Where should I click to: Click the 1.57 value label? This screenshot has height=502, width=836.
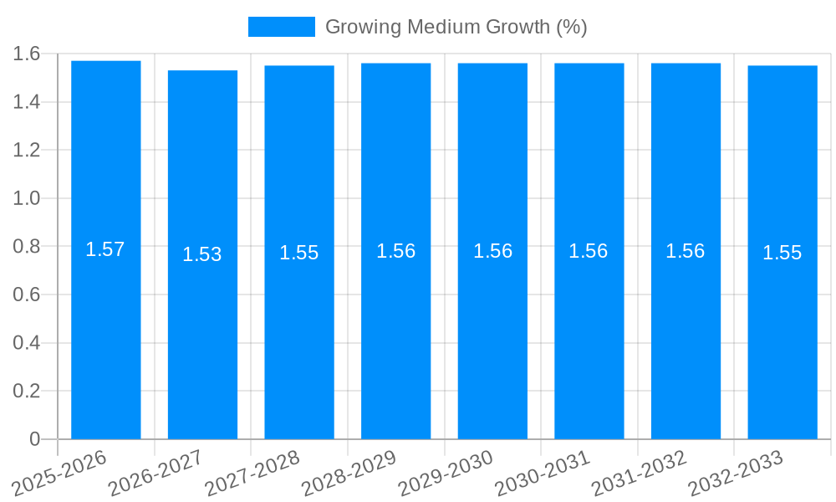point(105,249)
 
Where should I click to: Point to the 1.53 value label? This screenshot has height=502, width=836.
point(202,254)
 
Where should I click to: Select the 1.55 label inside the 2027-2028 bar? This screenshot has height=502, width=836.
point(299,253)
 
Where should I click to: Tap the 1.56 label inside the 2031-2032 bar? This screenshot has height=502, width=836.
point(686,251)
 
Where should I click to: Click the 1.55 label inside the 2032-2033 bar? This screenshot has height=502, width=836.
point(782,253)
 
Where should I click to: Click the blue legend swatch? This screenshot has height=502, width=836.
point(281,27)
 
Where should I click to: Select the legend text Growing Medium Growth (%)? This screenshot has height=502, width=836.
point(456,27)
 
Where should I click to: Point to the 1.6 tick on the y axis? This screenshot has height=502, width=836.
point(27,54)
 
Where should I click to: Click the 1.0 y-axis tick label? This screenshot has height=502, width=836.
point(27,199)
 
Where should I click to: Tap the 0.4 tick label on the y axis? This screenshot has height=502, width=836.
point(27,343)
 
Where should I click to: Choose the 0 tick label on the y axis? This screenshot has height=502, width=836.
point(34,439)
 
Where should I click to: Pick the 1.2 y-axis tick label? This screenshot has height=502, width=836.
point(27,151)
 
